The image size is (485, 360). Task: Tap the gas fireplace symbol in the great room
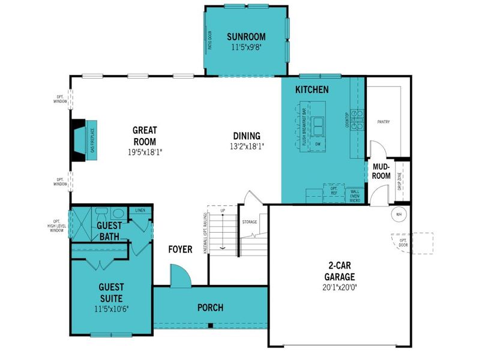click(x=80, y=140)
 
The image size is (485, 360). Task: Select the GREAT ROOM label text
click(x=145, y=136)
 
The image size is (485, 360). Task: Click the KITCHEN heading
click(x=312, y=90)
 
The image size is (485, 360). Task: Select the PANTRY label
click(x=384, y=122)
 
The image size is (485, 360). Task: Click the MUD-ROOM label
click(x=382, y=172)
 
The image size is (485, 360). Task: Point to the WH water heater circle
click(x=399, y=213)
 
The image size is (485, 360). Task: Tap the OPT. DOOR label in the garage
click(x=403, y=243)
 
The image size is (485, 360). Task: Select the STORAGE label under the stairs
click(x=250, y=222)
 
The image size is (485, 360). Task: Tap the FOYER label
click(x=180, y=249)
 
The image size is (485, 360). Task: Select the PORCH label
click(x=210, y=308)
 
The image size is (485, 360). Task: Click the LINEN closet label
click(x=140, y=211)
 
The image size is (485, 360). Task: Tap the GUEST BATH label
click(x=110, y=231)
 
